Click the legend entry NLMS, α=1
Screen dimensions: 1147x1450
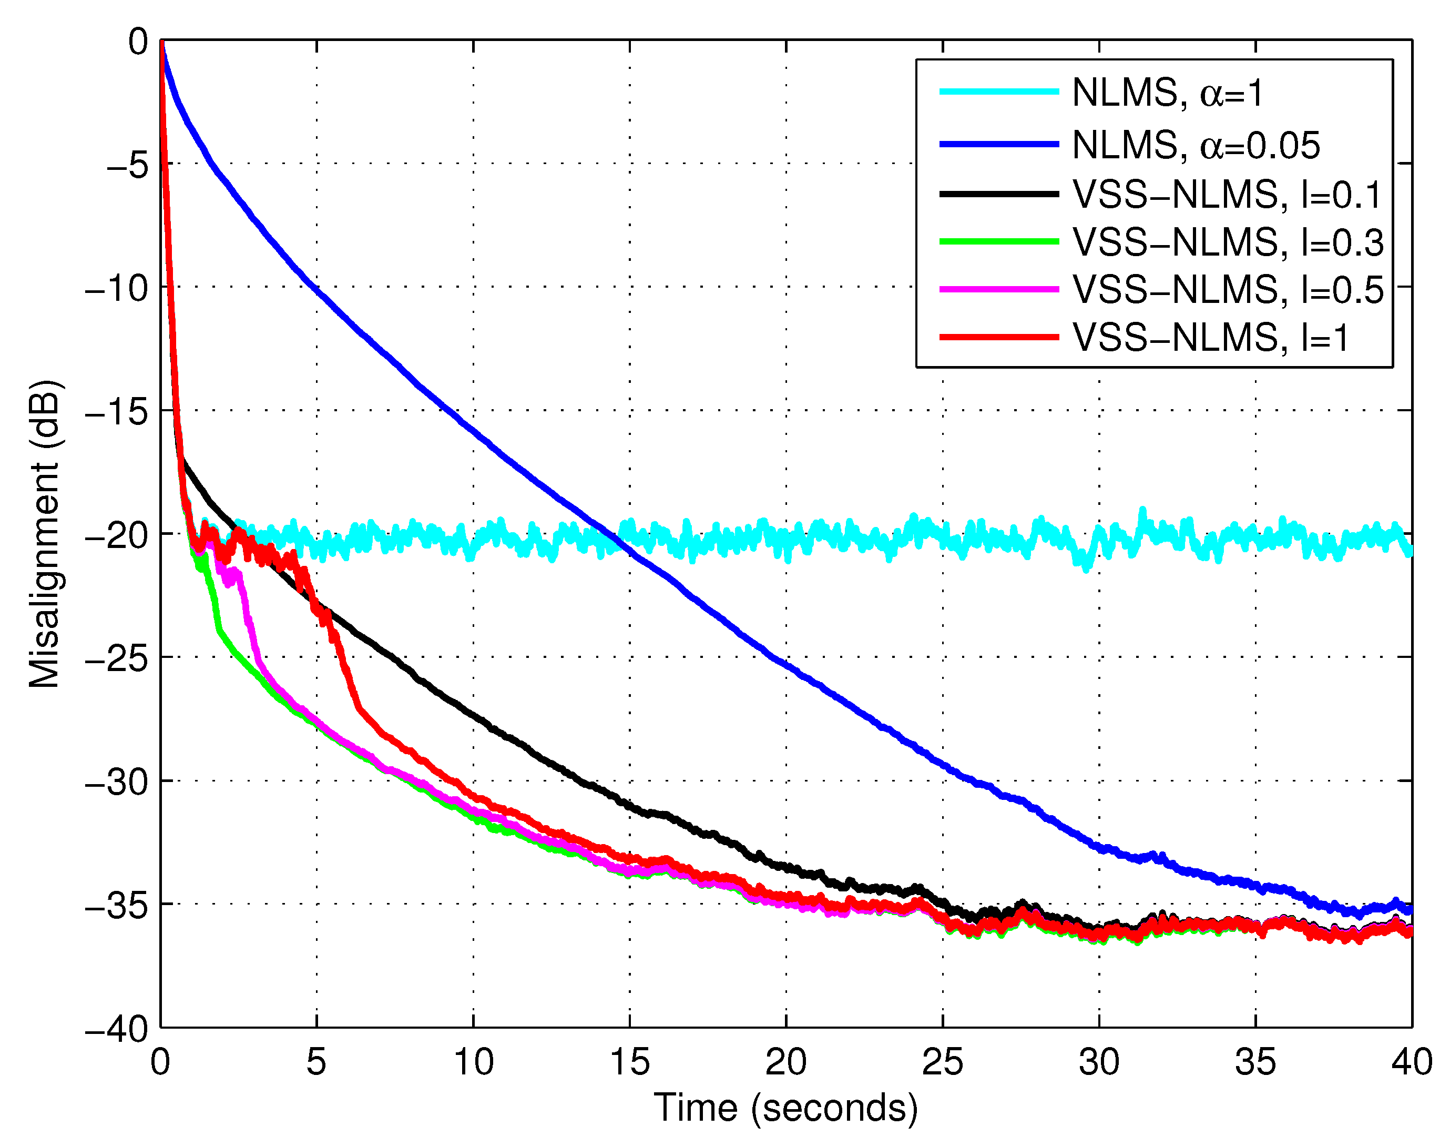1167,92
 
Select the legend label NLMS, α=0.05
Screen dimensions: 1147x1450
1196,145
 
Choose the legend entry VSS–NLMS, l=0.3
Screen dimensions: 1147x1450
1228,242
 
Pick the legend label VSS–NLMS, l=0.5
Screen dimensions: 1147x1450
1228,289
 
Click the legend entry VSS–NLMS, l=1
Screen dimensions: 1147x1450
1210,337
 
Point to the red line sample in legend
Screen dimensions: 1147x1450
998,337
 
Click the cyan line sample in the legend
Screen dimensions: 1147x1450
998,92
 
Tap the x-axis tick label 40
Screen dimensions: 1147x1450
1411,1062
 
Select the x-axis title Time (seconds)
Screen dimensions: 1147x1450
785,1108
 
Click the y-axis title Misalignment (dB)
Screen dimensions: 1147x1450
45,534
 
